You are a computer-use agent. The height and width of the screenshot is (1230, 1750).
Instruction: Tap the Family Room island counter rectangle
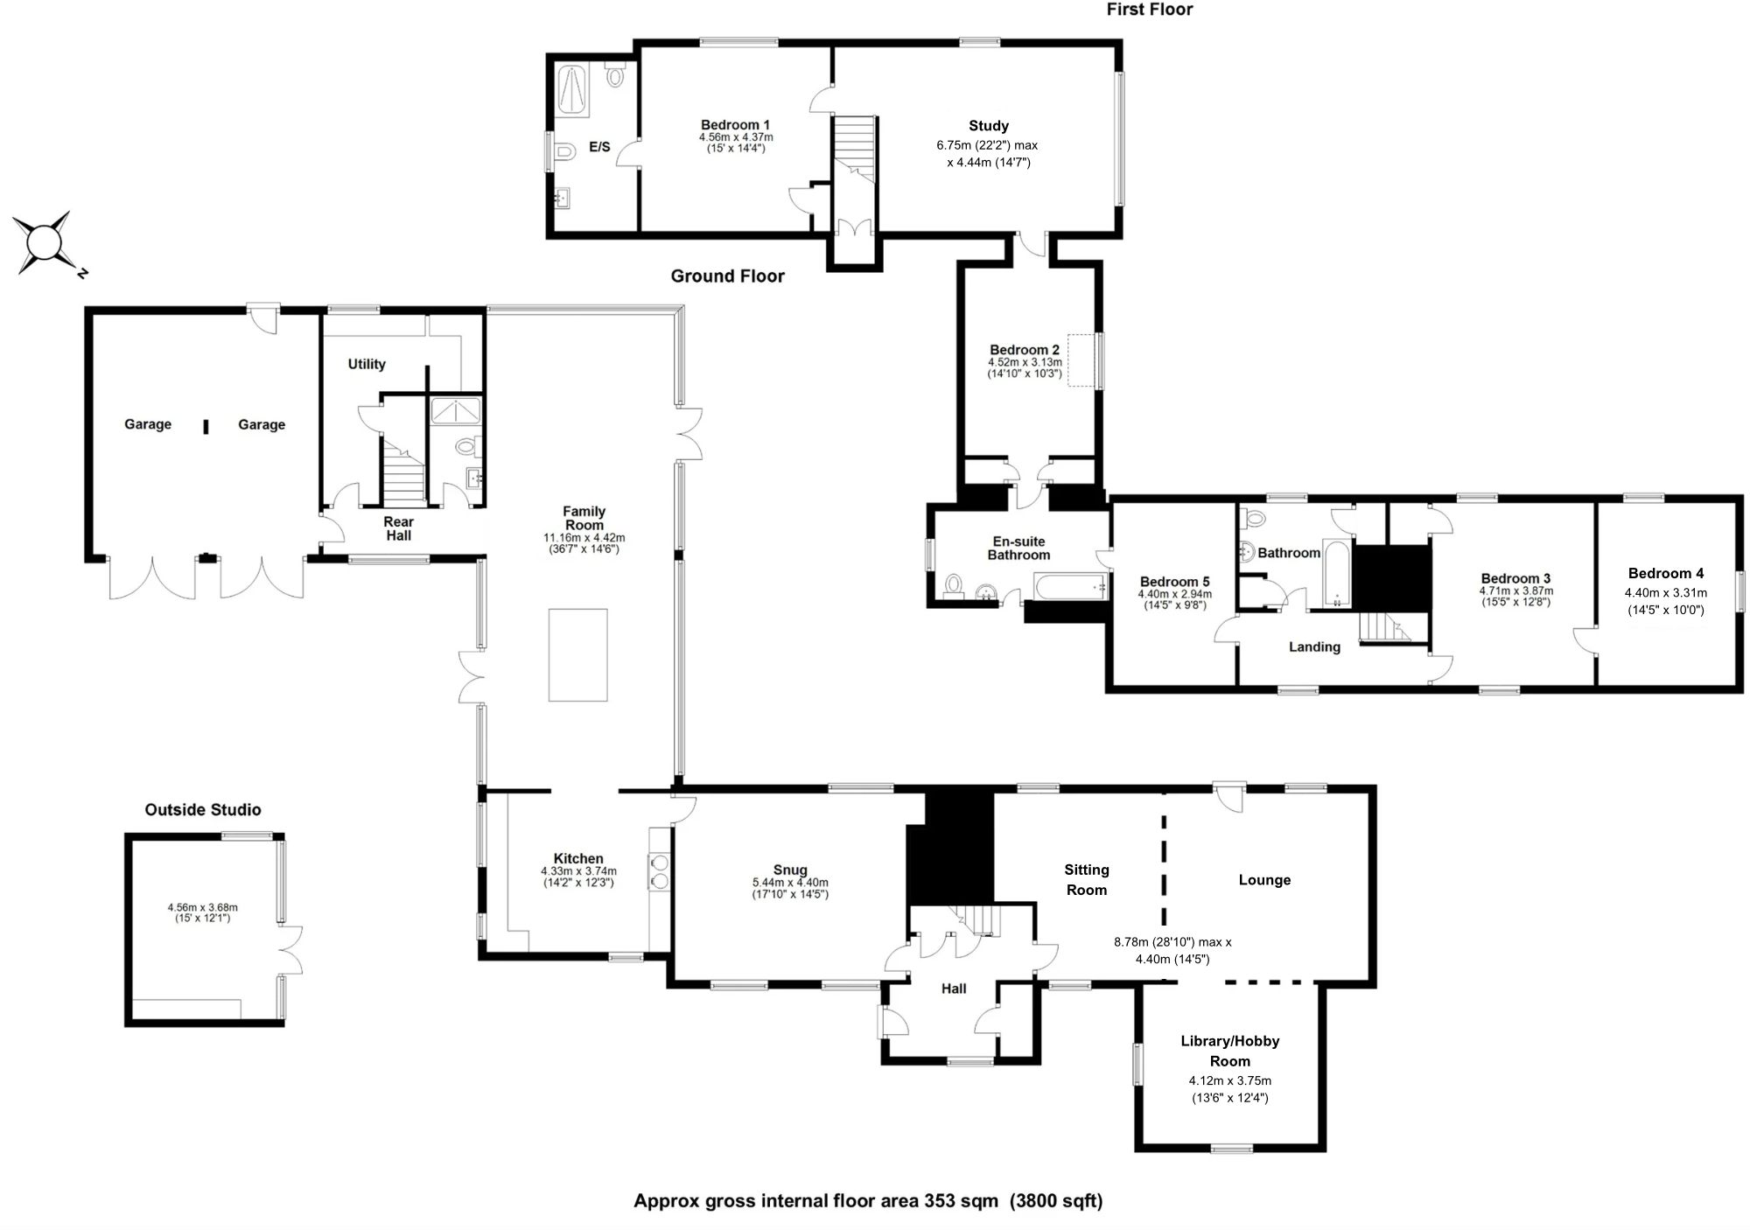point(577,654)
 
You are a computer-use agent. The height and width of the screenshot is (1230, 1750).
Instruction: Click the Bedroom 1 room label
point(735,125)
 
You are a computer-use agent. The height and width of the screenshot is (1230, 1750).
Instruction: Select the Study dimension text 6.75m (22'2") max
point(987,145)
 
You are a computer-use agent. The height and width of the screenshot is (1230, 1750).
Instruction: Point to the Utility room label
point(367,364)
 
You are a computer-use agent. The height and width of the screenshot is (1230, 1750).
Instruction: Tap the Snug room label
point(790,870)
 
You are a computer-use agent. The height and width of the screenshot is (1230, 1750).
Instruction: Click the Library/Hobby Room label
point(1229,1051)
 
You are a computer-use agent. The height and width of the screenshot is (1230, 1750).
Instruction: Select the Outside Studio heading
point(203,810)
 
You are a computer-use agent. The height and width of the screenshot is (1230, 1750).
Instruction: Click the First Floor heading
point(1149,10)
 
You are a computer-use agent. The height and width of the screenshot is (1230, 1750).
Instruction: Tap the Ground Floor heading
point(727,276)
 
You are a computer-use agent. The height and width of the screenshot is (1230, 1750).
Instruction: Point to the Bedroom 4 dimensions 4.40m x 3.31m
point(1665,592)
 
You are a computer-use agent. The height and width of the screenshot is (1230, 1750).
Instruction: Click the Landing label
point(1314,647)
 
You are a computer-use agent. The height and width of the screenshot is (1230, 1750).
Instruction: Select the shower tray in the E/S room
point(575,88)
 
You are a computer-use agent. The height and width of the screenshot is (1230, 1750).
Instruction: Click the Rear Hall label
point(398,528)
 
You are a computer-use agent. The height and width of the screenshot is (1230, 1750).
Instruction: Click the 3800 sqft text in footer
point(1056,1201)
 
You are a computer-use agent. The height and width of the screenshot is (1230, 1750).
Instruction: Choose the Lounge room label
point(1264,880)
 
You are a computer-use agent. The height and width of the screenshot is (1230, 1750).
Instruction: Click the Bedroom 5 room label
point(1174,582)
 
